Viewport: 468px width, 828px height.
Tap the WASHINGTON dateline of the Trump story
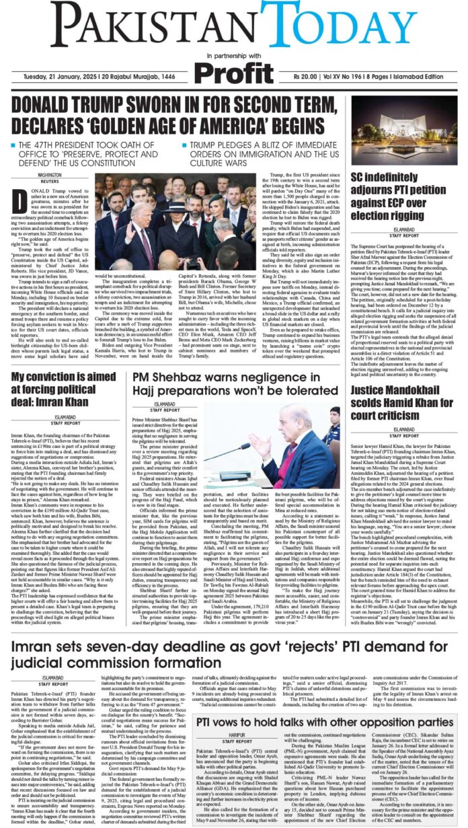coord(49,174)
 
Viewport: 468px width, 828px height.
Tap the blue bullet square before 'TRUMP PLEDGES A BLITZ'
coord(184,146)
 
